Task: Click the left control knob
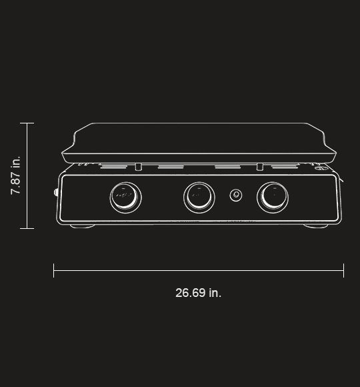[x=125, y=196]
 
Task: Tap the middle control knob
[x=199, y=196]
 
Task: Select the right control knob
[x=273, y=196]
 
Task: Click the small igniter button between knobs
[x=236, y=195]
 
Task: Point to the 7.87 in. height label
[x=16, y=175]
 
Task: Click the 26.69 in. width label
[x=198, y=293]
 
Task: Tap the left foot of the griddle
[x=83, y=226]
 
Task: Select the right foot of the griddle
[x=316, y=226]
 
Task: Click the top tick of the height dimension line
[x=27, y=123]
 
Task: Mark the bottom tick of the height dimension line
[x=27, y=228]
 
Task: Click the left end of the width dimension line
[x=54, y=270]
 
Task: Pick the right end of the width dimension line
[x=343, y=270]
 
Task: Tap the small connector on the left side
[x=56, y=193]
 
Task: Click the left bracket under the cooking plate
[x=138, y=166]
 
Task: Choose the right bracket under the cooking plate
[x=259, y=166]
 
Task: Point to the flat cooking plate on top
[x=199, y=141]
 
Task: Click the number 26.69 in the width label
[x=191, y=293]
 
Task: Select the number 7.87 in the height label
[x=16, y=182]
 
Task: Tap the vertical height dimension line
[x=27, y=175]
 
